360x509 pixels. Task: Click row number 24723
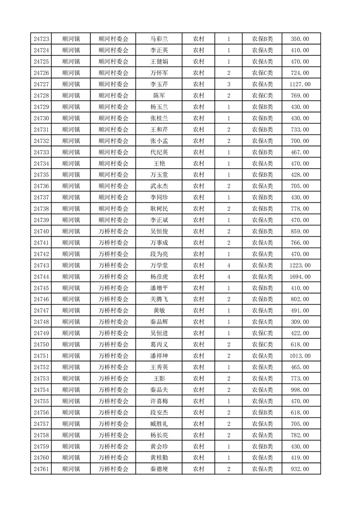(x=41, y=39)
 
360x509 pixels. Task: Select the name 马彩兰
(x=159, y=39)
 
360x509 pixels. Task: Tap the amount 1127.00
(x=300, y=84)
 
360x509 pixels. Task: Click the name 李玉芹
(x=159, y=84)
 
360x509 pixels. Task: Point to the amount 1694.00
(x=300, y=277)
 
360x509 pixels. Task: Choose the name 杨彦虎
(x=159, y=277)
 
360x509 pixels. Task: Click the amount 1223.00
(x=300, y=265)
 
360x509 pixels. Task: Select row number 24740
(x=41, y=231)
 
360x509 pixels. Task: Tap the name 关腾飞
(x=159, y=299)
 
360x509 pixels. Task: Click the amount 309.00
(x=300, y=322)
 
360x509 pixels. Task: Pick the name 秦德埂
(x=159, y=469)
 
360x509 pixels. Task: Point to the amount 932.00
(x=300, y=469)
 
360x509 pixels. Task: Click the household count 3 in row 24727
(x=229, y=84)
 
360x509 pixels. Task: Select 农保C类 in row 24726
(x=262, y=73)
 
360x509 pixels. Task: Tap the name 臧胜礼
(x=159, y=424)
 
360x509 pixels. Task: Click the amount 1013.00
(x=300, y=356)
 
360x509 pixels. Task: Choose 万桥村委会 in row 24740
(x=113, y=231)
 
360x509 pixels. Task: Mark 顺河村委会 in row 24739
(x=113, y=220)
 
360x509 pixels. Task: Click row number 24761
(x=41, y=469)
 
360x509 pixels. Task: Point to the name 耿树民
(x=159, y=209)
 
